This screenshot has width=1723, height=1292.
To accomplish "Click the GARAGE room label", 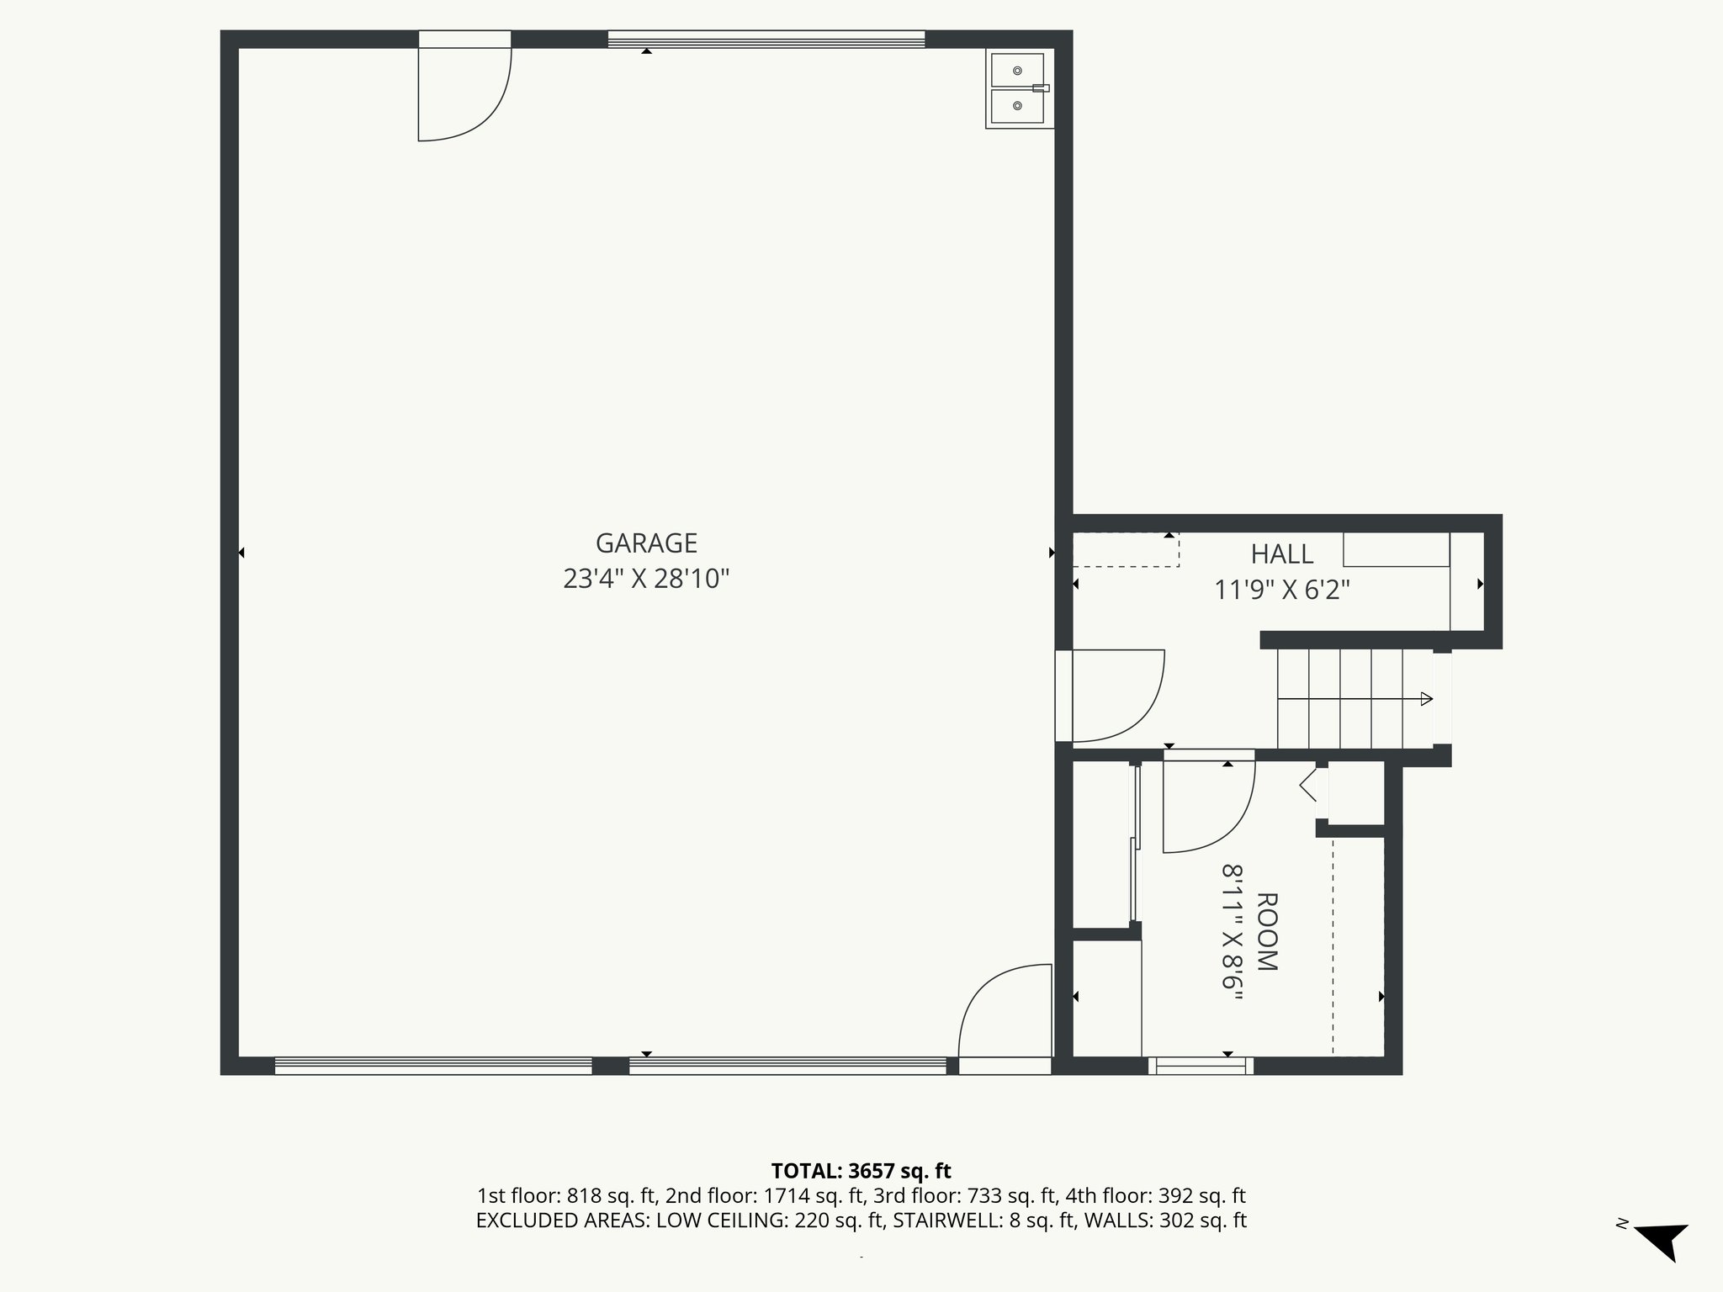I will click(x=646, y=543).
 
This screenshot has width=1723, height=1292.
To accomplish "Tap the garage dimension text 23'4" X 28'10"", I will click(x=646, y=580).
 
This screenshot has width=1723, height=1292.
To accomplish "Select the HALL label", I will click(x=1281, y=554).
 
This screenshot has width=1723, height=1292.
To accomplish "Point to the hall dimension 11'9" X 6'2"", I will click(x=1281, y=590).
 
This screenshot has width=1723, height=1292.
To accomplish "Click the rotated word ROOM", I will click(x=1266, y=932).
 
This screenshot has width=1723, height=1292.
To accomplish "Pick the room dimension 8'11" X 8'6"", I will click(x=1233, y=932).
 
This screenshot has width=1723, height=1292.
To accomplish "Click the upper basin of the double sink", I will click(x=1017, y=71).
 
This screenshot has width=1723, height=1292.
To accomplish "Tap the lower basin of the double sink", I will click(x=1017, y=106).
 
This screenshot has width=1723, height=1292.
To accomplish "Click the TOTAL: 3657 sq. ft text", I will click(x=861, y=1171).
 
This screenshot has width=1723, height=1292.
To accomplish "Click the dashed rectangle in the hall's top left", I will click(x=1125, y=549).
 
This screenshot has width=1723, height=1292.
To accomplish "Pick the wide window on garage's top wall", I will click(x=766, y=40).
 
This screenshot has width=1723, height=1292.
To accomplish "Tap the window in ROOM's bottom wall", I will click(x=1201, y=1066).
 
